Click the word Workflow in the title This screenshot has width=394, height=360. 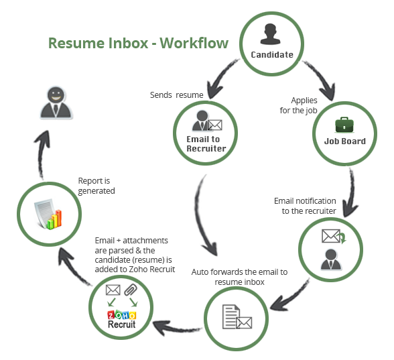click(x=194, y=43)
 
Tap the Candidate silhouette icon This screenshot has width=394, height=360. click(x=270, y=34)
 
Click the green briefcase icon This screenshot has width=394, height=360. click(x=344, y=125)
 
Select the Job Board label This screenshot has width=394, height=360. click(x=344, y=141)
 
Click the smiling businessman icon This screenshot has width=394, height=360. click(x=56, y=103)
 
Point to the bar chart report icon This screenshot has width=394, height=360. click(x=48, y=215)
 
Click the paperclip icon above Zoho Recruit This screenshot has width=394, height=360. click(x=131, y=290)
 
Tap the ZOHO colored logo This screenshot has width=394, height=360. click(x=122, y=315)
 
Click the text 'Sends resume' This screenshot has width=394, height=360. click(x=177, y=95)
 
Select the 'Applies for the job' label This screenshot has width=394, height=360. click(x=299, y=105)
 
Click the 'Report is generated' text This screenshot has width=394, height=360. click(x=96, y=186)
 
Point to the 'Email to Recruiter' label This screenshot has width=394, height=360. click(x=206, y=143)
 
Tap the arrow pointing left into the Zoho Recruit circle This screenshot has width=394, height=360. click(x=176, y=327)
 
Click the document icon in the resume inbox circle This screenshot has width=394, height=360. click(x=231, y=316)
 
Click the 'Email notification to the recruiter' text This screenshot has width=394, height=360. click(x=305, y=206)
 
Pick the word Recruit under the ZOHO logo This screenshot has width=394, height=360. click(x=122, y=324)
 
